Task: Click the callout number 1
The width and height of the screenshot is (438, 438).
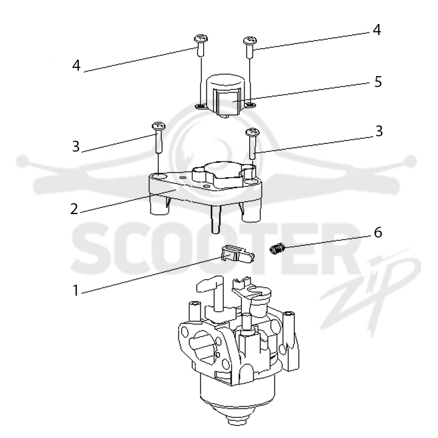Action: [76, 290]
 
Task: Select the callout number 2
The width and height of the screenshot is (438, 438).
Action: [74, 209]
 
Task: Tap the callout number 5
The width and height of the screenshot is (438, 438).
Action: [378, 82]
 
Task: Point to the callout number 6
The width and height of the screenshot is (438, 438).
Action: [378, 232]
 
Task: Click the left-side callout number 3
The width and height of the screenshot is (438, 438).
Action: [76, 146]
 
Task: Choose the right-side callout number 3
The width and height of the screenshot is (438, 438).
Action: [379, 131]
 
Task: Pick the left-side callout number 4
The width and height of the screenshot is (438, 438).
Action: [76, 66]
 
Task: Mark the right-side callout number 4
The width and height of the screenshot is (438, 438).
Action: [377, 30]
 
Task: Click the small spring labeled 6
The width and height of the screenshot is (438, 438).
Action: [277, 249]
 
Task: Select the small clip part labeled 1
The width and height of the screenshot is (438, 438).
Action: [238, 254]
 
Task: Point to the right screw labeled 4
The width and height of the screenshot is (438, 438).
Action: [250, 48]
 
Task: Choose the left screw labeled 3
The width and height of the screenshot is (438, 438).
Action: [159, 137]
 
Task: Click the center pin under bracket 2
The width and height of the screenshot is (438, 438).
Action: [216, 220]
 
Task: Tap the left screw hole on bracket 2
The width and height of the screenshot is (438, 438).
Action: [159, 176]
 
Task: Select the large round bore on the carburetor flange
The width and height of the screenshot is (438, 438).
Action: [203, 347]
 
